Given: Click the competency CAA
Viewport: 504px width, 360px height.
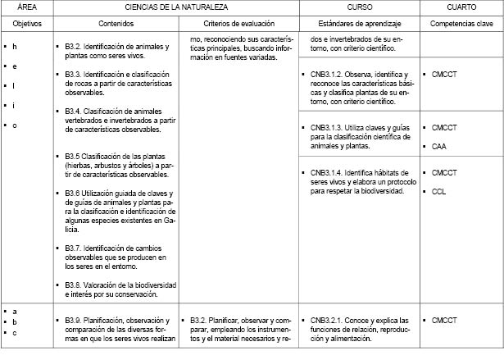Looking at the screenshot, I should tap(439, 147).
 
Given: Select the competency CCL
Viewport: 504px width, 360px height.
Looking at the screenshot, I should tap(439, 191).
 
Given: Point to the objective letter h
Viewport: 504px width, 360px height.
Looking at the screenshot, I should tap(15, 46).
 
